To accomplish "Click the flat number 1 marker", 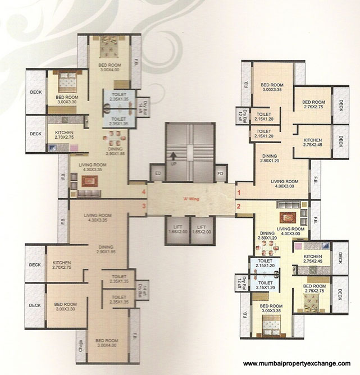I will [x=239, y=193].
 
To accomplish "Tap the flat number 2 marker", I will [x=239, y=206].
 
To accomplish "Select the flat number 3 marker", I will [x=144, y=206].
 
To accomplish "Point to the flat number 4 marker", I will [x=144, y=193].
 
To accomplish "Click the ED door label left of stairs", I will [x=157, y=173].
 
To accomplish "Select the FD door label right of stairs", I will [x=221, y=173].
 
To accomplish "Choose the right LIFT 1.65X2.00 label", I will [x=202, y=229].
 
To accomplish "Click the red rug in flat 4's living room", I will [x=89, y=181].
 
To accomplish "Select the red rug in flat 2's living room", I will [x=288, y=218].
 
